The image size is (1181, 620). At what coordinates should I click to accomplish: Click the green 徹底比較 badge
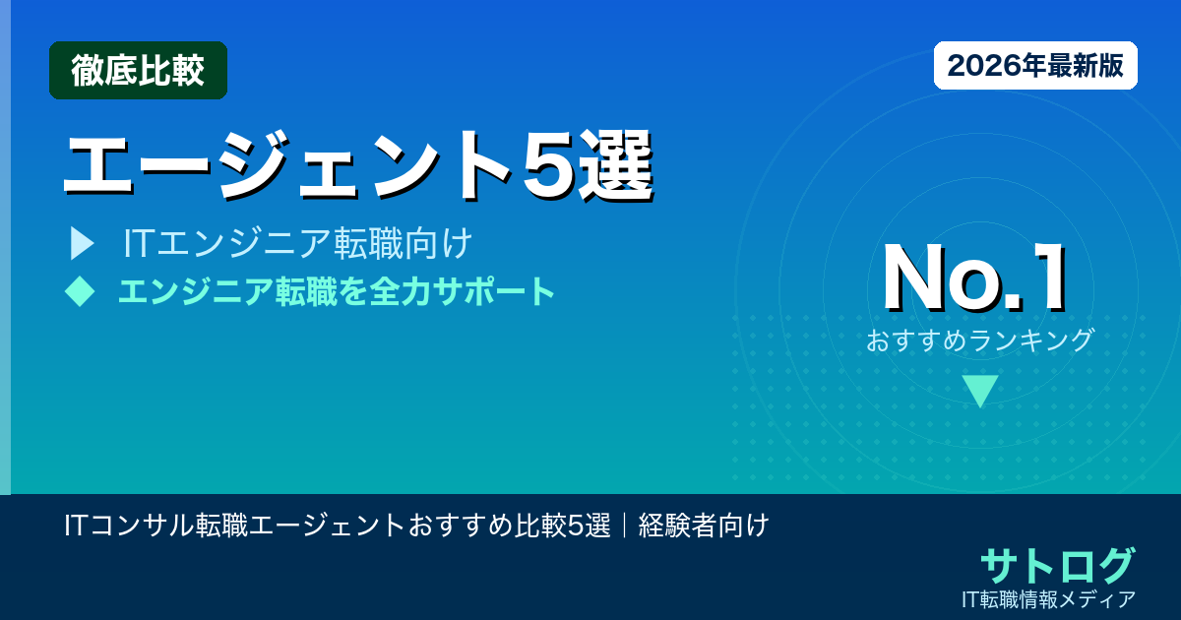pos(138,70)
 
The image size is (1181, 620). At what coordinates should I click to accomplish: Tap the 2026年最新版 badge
pos(1035,66)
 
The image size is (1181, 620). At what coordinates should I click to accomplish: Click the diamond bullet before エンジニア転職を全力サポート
pos(80,290)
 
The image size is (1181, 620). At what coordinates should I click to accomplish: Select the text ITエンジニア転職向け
pos(299,243)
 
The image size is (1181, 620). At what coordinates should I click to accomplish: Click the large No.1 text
pos(974,279)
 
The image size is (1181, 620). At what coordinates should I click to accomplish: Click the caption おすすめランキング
pos(980,341)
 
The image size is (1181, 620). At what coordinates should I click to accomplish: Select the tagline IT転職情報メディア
pos(1050,598)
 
